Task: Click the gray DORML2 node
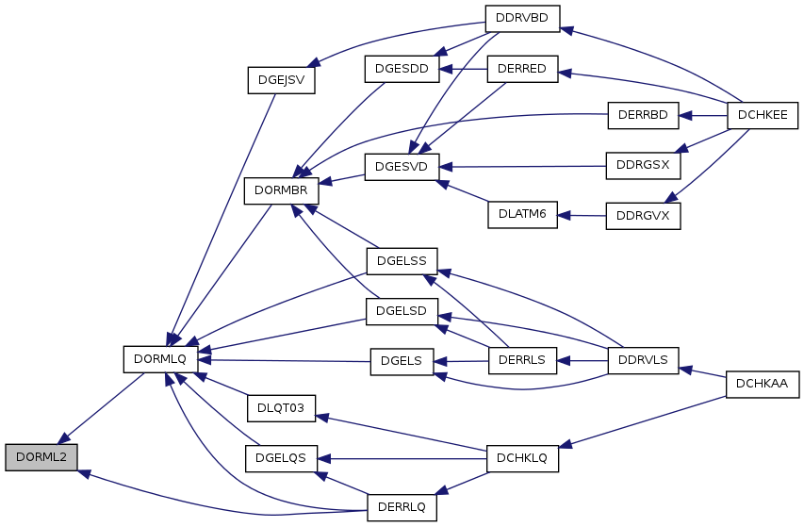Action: (x=41, y=457)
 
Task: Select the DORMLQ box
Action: (x=160, y=359)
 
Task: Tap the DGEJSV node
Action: (x=281, y=80)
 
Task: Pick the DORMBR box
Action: (x=281, y=190)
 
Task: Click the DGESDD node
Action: (x=402, y=69)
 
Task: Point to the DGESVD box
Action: (x=402, y=167)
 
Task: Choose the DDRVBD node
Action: (x=522, y=19)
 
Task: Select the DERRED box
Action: (x=522, y=69)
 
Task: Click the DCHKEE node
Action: (x=763, y=115)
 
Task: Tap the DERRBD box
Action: (x=643, y=115)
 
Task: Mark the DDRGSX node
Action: (x=643, y=166)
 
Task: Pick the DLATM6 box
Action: (x=522, y=215)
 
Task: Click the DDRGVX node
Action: (x=643, y=216)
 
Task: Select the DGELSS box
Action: (x=402, y=261)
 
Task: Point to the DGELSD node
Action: (x=402, y=311)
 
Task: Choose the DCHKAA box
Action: (x=763, y=384)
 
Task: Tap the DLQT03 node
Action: (x=281, y=408)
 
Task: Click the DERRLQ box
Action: (x=402, y=507)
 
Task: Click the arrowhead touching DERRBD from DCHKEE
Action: (x=685, y=116)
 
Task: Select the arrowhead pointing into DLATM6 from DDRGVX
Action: (x=564, y=216)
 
